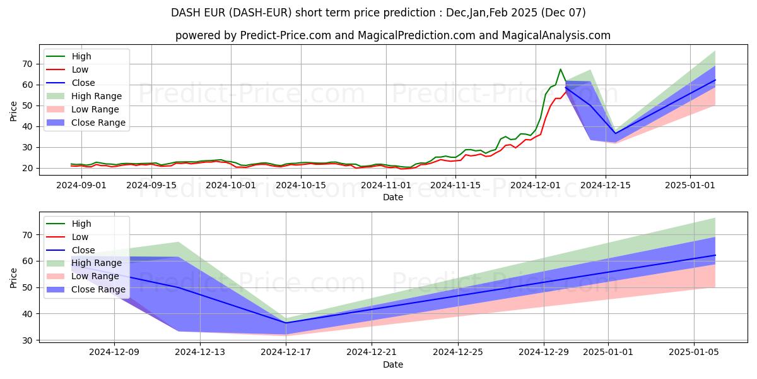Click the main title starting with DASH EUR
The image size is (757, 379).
coord(378,13)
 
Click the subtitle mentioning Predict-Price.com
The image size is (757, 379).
coord(392,35)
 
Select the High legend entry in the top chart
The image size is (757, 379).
coord(81,56)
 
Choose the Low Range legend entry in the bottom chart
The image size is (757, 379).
coord(95,276)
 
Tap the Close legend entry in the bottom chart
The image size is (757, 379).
coord(84,250)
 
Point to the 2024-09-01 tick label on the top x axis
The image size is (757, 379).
coord(81,184)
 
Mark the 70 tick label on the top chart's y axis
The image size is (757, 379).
coord(26,64)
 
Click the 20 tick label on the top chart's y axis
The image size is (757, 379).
coord(26,168)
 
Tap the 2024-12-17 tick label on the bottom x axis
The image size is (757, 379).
coord(286,352)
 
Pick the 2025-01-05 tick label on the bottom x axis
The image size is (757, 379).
coord(694,352)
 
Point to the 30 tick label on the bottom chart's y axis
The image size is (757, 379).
coord(26,340)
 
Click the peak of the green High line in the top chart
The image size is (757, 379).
coord(560,69)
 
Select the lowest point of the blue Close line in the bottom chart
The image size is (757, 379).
coord(286,323)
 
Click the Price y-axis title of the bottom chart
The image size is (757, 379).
coord(13,278)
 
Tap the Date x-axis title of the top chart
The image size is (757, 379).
coord(392,197)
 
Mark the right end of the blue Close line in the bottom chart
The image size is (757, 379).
coord(715,255)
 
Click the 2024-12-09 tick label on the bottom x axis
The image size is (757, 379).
coord(114,352)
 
